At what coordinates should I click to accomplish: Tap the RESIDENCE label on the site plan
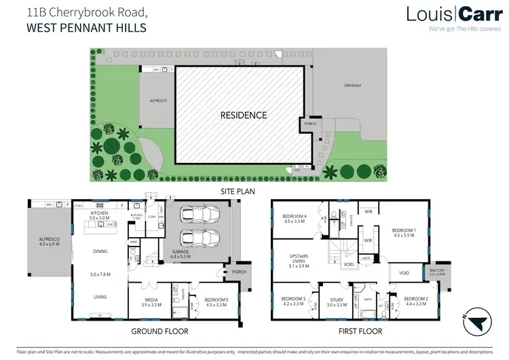[243, 115]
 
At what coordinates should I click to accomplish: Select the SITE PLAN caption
[236, 192]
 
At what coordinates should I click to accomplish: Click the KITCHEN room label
[100, 215]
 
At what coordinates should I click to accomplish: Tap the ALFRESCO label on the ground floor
[49, 241]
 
